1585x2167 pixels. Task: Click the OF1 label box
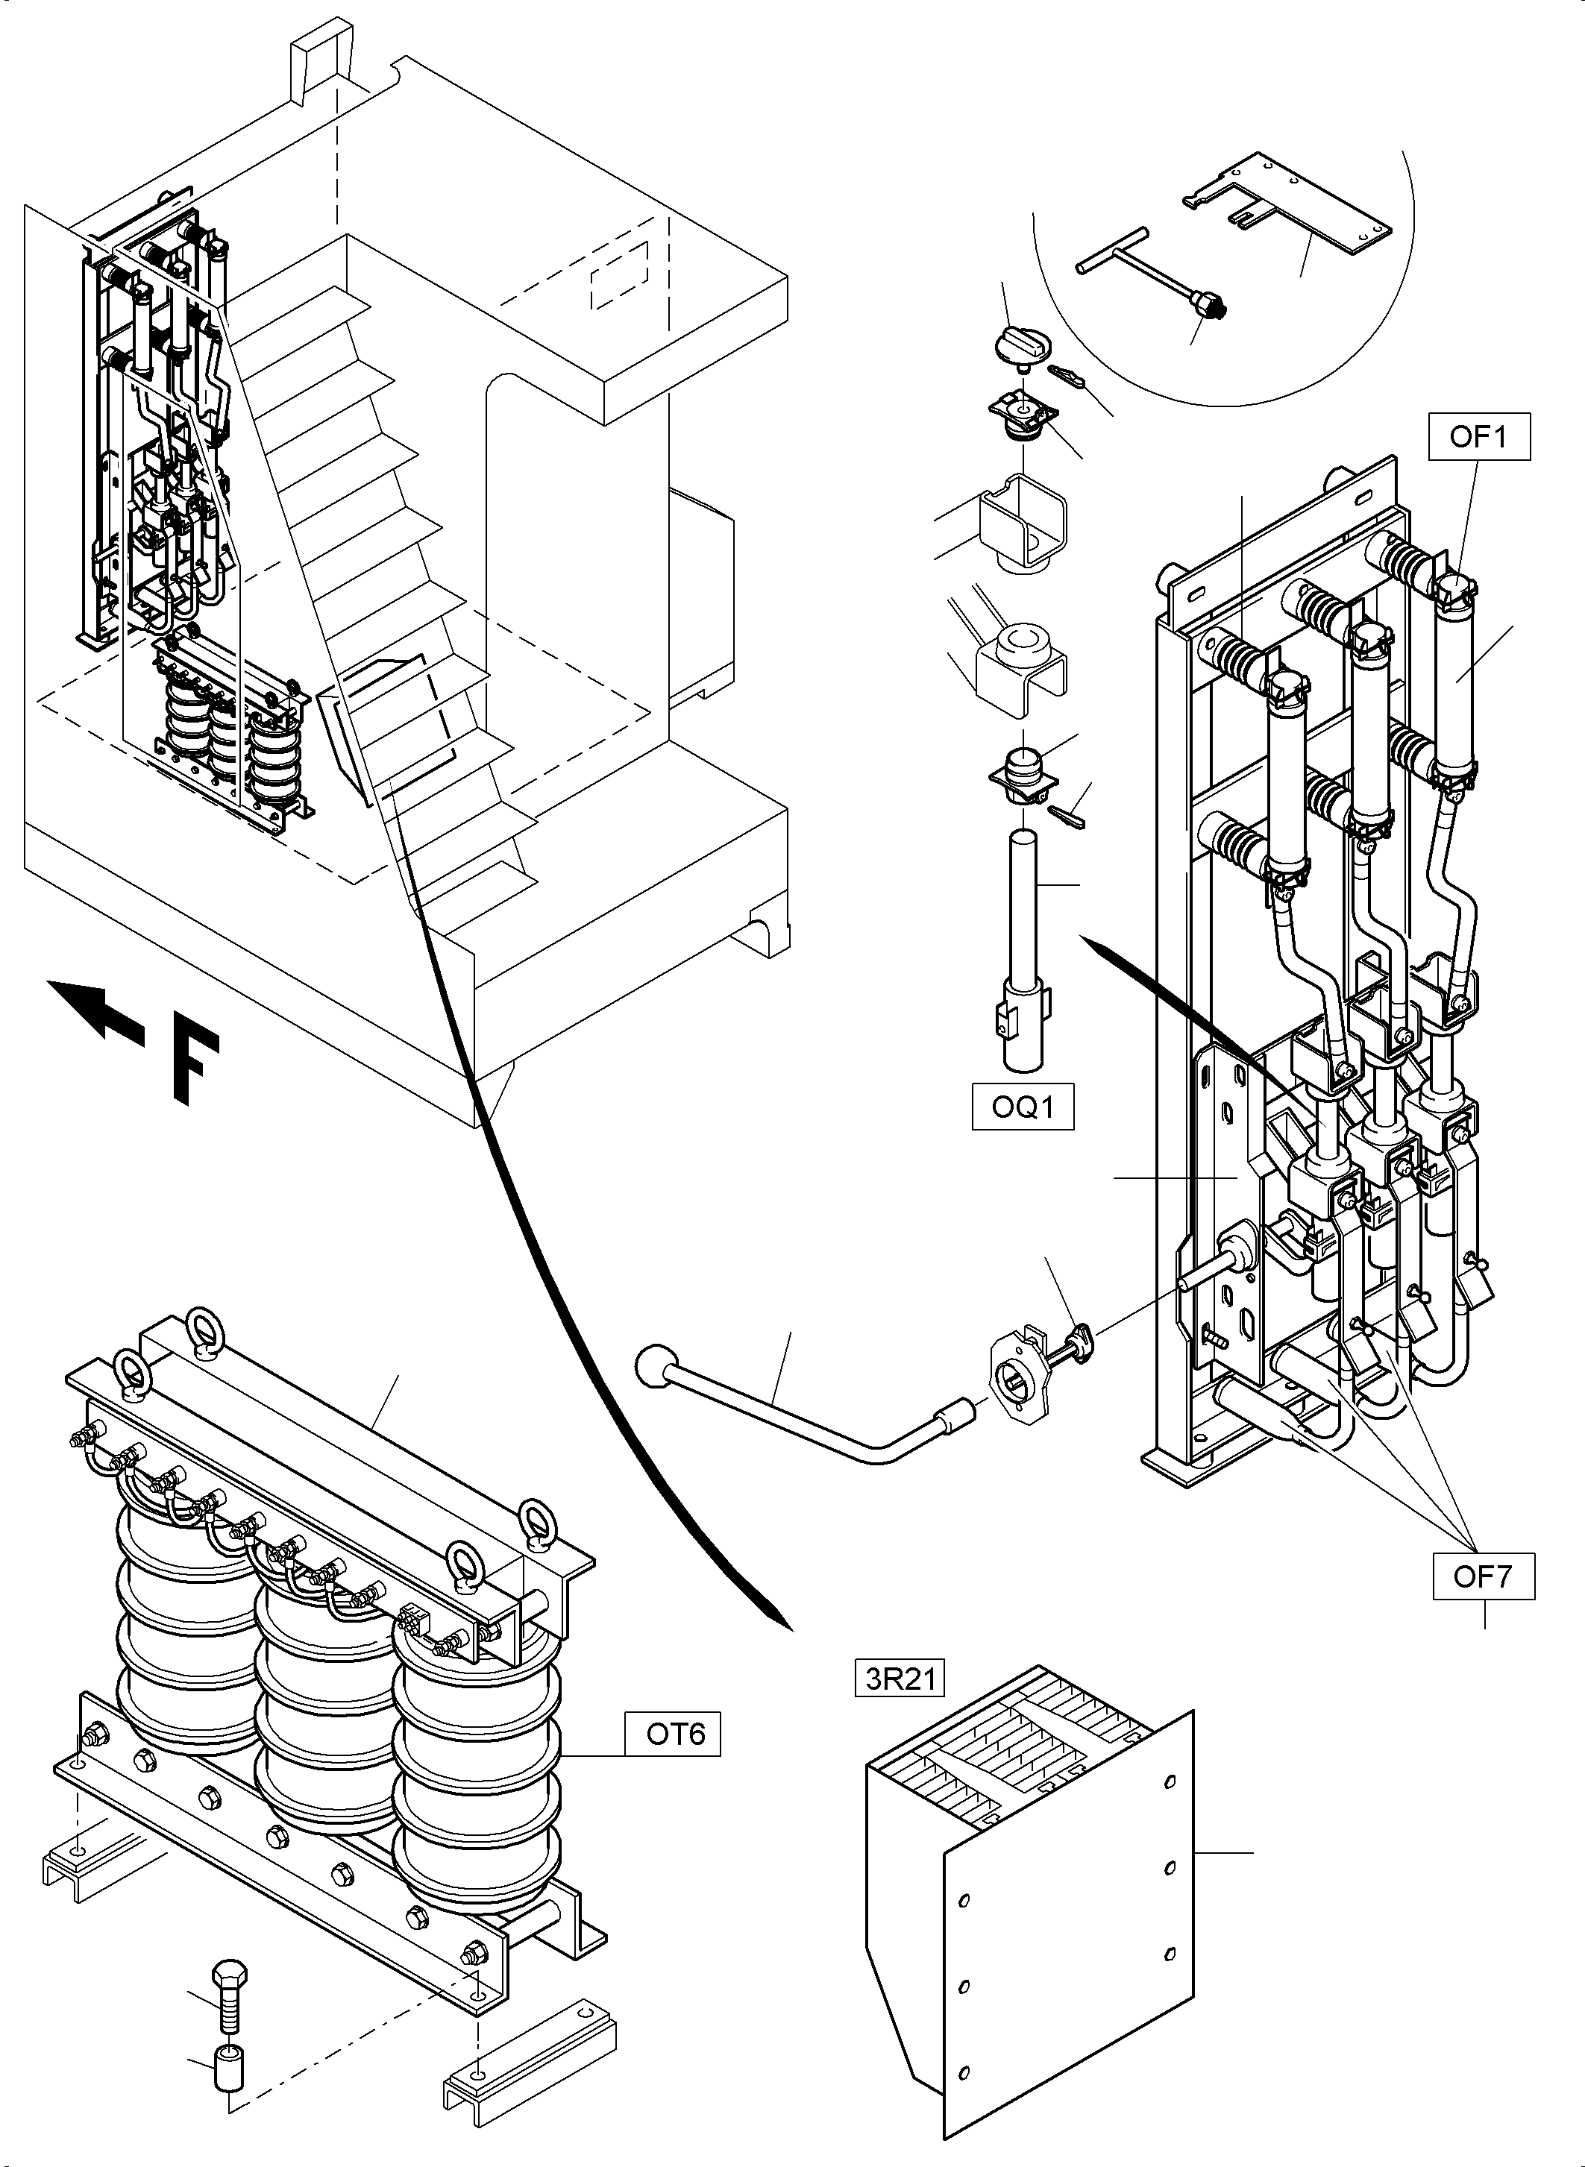click(1478, 438)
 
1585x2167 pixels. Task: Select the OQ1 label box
click(1023, 1107)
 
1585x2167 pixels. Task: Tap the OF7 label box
click(1484, 1576)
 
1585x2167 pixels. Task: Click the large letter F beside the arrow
click(195, 1066)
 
